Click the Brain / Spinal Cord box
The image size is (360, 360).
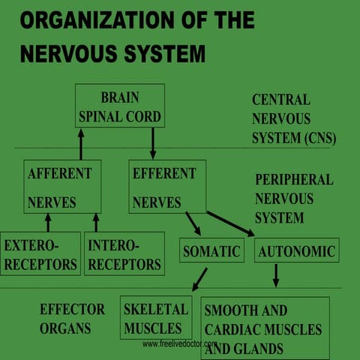tap(119, 106)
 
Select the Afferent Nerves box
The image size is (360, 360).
tap(61, 186)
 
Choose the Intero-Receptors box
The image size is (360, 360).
tap(124, 253)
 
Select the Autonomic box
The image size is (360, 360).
tap(296, 250)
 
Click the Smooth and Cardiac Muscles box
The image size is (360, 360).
tap(264, 328)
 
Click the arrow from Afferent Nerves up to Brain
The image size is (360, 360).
tap(80, 142)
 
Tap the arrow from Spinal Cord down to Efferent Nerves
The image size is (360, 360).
tap(153, 142)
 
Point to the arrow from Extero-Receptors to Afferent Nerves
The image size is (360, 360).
tap(48, 222)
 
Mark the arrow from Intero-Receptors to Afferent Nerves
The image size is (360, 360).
tap(95, 222)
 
